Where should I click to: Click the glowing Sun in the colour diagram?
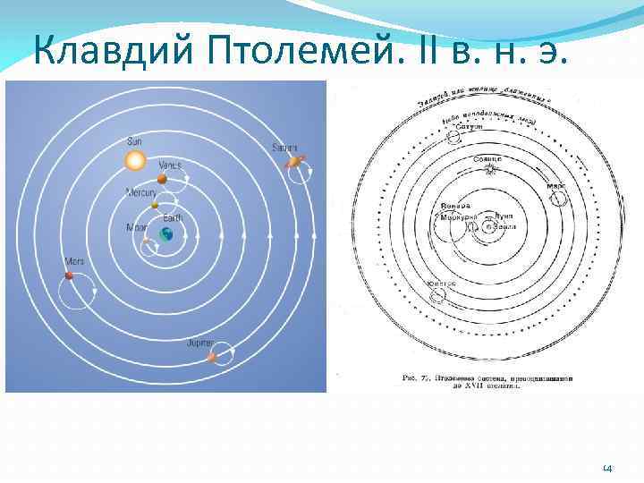click(134, 161)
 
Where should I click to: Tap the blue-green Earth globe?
click(166, 234)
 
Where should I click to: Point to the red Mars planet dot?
click(69, 276)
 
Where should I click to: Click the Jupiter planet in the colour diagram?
click(213, 357)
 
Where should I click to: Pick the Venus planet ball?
click(162, 179)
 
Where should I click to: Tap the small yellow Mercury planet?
click(155, 205)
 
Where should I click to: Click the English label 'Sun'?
click(134, 141)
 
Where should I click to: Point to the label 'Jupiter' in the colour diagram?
click(199, 343)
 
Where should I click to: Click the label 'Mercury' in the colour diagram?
click(140, 192)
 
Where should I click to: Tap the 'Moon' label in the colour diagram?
click(137, 227)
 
